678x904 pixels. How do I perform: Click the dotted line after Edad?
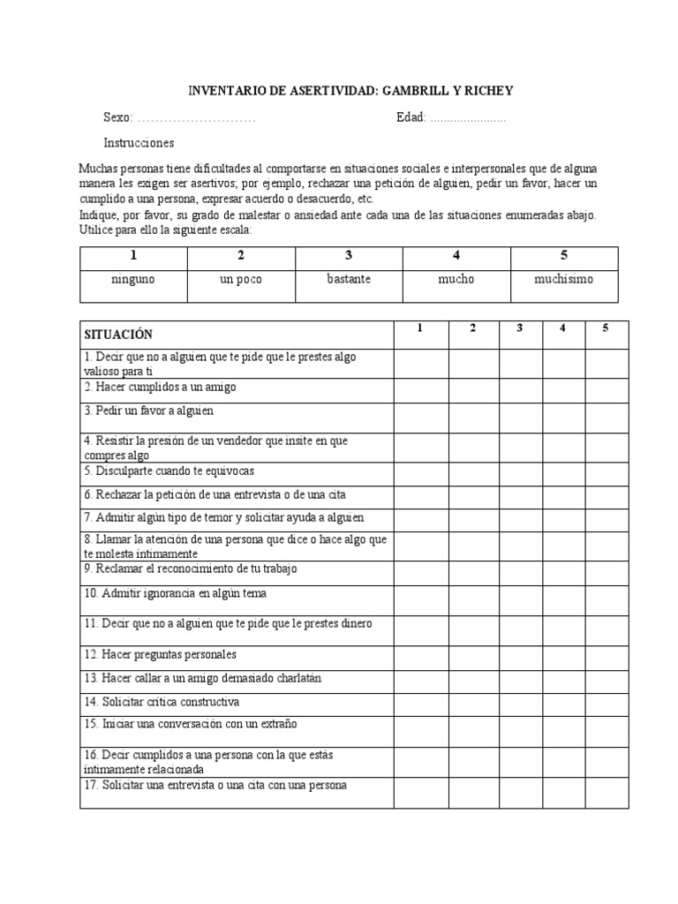(468, 117)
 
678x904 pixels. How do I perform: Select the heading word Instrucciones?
(139, 143)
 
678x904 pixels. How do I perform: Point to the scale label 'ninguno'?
(133, 279)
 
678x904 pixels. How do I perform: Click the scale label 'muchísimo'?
(564, 279)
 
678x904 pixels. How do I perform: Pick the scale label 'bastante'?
(349, 279)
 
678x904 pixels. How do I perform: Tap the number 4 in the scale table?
(456, 256)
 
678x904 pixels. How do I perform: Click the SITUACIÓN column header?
(118, 334)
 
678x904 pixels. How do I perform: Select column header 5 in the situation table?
(606, 328)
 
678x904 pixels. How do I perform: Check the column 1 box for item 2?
(421, 389)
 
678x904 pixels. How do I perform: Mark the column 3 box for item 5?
(521, 472)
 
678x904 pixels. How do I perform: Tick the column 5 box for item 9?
(606, 571)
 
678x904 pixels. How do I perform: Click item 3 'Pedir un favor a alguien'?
(149, 411)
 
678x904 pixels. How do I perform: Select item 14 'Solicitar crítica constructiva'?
(162, 703)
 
